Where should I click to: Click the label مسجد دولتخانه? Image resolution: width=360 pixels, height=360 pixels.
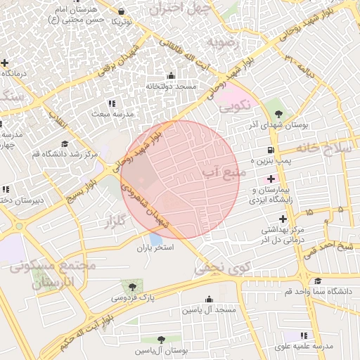(x=171, y=86)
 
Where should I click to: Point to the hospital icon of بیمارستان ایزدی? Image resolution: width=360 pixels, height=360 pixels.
(x=271, y=179)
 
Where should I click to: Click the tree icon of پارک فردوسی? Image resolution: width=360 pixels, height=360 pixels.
(x=131, y=286)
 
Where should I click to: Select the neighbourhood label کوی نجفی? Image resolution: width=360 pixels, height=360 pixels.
(x=222, y=267)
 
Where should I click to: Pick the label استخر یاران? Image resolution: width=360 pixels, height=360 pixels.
(x=155, y=248)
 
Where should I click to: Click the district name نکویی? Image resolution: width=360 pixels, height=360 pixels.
(x=234, y=108)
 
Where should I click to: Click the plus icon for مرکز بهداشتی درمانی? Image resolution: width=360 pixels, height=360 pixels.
(x=283, y=219)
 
